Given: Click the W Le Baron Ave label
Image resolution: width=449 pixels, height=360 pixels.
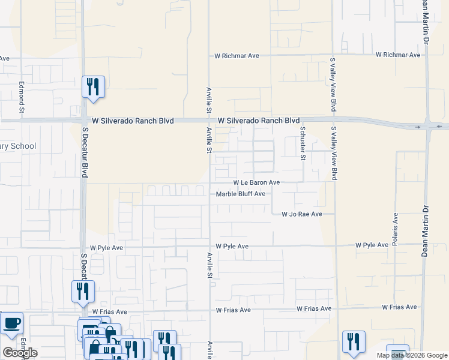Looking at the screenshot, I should pyautogui.click(x=256, y=182).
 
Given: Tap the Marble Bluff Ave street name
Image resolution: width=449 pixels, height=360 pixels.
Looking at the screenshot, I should pyautogui.click(x=240, y=194).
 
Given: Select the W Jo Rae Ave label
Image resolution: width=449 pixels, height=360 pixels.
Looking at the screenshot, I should pyautogui.click(x=302, y=214).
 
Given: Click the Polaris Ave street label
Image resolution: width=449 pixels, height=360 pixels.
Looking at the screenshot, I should pyautogui.click(x=396, y=229).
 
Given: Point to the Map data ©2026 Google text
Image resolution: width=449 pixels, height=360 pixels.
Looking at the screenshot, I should pyautogui.click(x=412, y=355).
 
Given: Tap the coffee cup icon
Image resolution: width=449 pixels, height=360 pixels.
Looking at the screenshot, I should pyautogui.click(x=11, y=323).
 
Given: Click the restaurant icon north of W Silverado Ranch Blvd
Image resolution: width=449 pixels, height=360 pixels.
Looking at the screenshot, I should pyautogui.click(x=93, y=86).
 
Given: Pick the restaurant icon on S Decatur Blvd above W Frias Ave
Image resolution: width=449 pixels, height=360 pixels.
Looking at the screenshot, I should pyautogui.click(x=83, y=292).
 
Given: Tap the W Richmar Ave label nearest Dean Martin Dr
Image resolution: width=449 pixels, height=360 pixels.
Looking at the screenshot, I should pyautogui.click(x=398, y=55).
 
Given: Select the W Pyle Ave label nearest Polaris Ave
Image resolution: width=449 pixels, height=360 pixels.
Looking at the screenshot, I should pyautogui.click(x=372, y=245).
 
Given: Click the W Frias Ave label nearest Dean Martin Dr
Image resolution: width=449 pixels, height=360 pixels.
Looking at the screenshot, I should pyautogui.click(x=399, y=307).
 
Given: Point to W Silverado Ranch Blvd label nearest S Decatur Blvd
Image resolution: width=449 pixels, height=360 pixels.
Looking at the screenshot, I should pyautogui.click(x=129, y=121).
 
